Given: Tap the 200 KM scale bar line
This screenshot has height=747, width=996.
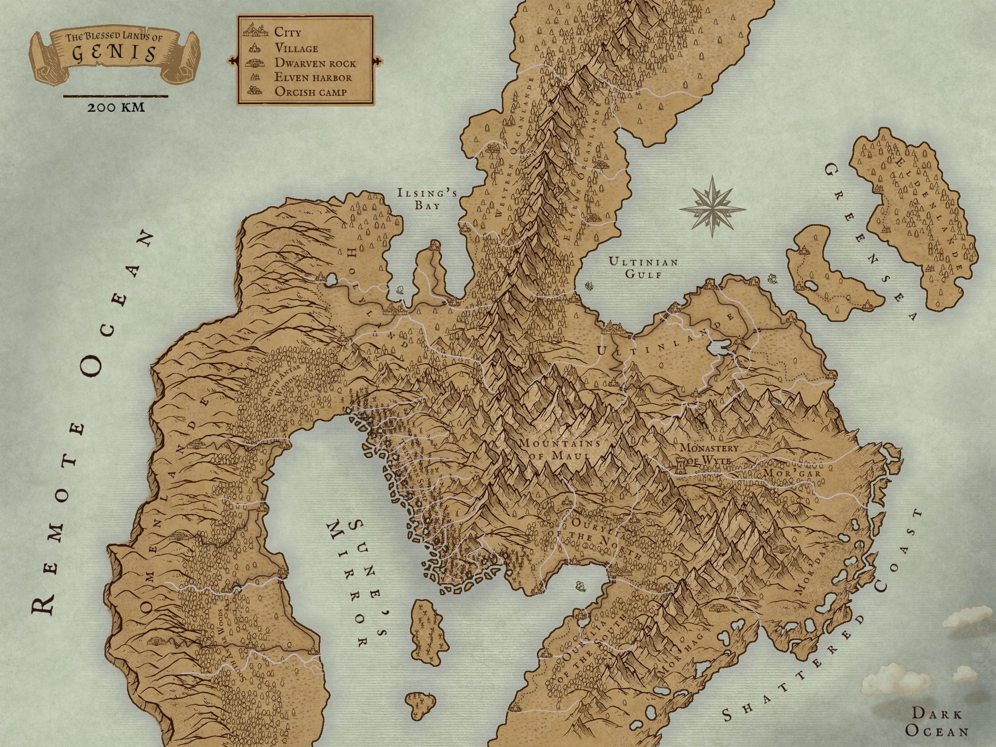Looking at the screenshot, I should tap(115, 96).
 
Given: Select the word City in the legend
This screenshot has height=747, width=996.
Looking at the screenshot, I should tap(288, 32).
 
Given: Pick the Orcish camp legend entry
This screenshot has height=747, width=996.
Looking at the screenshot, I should tap(310, 92).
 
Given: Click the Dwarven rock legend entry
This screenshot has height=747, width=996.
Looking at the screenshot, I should tap(315, 63).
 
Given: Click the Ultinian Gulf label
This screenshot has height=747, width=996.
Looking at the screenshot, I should tap(643, 268).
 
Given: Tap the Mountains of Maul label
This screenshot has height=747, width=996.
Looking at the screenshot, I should tap(559, 449).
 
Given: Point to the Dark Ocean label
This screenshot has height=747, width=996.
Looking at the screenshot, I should tap(937, 722).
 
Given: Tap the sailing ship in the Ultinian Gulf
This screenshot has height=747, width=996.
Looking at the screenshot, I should tap(589, 286).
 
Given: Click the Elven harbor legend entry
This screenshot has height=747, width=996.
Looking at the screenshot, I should tap(313, 77).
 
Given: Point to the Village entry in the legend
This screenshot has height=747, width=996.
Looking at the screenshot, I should tap(296, 48).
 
